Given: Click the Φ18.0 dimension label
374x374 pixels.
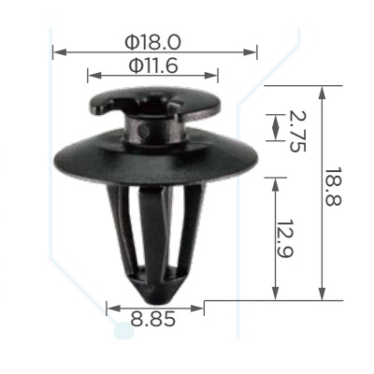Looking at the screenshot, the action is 152,42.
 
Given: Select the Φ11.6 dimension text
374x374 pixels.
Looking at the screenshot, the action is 153,65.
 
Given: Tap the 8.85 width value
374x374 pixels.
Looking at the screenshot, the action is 152,319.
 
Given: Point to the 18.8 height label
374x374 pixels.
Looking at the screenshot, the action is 333,186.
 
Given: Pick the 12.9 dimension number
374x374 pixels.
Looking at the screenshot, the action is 285,239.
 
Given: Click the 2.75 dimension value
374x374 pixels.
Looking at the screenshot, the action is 297,131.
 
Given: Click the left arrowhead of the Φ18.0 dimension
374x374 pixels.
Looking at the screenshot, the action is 60,52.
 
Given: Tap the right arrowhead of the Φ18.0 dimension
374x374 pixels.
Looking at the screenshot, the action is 250,52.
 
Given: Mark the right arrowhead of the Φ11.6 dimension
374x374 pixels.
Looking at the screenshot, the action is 211,75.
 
